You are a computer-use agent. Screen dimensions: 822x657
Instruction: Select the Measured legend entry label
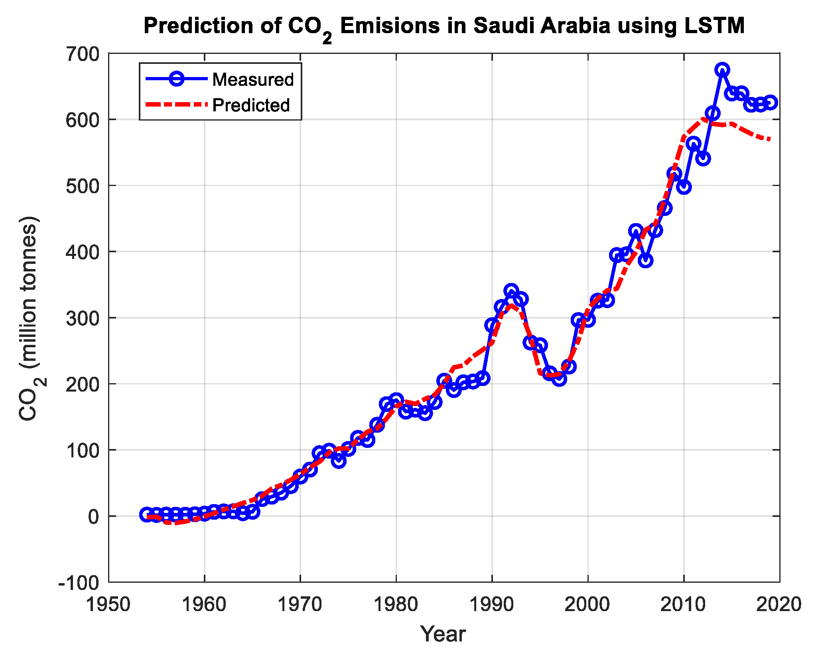coord(253,79)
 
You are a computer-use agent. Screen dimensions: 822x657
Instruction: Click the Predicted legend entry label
coord(251,105)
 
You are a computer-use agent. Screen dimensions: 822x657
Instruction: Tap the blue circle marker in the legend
coord(176,79)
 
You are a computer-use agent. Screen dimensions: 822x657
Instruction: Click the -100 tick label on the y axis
coord(79,583)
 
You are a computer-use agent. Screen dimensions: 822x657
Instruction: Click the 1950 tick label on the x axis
coord(108,605)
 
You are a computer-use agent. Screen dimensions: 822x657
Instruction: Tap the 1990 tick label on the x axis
coord(492,605)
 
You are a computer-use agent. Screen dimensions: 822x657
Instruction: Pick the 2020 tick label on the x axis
coord(779,605)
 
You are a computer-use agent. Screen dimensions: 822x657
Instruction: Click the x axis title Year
coord(443,634)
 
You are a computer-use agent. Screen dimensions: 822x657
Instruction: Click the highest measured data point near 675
coord(722,70)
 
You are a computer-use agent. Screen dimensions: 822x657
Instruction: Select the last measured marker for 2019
coord(770,103)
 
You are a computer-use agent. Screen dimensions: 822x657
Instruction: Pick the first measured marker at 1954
coord(146,515)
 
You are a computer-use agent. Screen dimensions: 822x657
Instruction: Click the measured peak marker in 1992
coord(511,290)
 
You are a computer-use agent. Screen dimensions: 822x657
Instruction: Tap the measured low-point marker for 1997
coord(559,379)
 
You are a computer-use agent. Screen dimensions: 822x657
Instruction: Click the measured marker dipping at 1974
coord(339,461)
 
